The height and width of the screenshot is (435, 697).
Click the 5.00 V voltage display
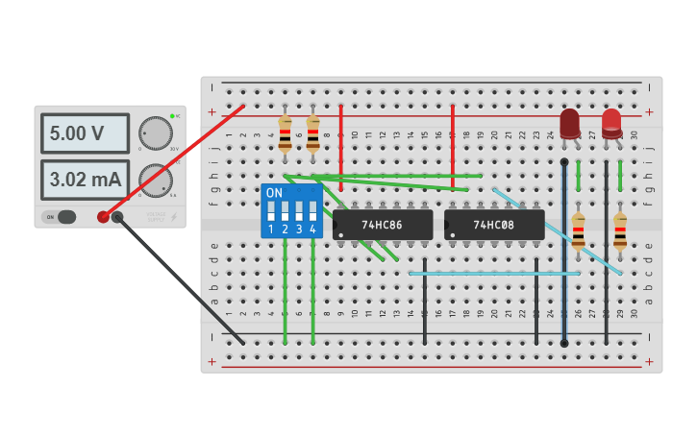tap(85, 133)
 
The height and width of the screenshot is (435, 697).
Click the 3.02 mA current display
tap(85, 180)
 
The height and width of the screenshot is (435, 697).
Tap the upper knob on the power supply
tap(155, 133)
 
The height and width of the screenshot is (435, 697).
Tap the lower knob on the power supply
tap(155, 179)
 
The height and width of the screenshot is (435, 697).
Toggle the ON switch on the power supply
tap(60, 217)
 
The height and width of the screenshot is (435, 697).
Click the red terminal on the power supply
tap(103, 217)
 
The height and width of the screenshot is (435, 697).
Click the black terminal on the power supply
tap(118, 217)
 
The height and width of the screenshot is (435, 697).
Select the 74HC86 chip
tap(383, 225)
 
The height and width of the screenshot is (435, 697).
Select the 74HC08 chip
tap(494, 225)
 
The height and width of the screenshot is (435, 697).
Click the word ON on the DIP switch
tap(274, 193)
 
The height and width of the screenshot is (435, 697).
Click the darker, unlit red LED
tap(570, 123)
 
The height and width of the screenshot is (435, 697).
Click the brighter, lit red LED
tap(611, 121)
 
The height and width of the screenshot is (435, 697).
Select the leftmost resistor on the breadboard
tap(285, 134)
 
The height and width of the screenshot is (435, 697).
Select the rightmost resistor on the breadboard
tap(620, 231)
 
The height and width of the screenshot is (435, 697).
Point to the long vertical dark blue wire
tap(563, 259)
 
